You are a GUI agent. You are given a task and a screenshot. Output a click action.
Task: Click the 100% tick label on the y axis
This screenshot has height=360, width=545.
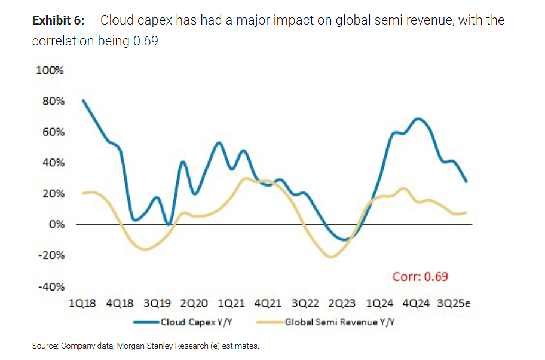50,70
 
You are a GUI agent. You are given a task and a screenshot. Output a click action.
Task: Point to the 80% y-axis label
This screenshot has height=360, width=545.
53,101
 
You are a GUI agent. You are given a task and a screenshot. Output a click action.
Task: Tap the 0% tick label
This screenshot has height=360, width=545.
57,224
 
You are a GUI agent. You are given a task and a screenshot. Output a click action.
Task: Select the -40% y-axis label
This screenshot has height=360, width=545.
51,287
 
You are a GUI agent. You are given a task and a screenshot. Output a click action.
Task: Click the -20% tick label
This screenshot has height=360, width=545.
51,255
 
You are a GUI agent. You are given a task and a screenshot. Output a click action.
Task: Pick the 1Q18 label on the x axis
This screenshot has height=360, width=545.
82,303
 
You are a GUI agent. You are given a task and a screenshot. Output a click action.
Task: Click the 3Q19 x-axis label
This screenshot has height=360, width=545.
157,303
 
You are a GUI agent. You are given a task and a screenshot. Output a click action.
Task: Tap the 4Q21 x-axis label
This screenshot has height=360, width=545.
268,303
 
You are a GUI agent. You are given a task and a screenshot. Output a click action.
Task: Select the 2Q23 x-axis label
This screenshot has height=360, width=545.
342,303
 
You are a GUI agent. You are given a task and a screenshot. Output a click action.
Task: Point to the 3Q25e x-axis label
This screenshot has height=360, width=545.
454,303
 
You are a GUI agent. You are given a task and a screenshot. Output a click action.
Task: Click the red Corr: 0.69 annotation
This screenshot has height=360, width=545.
420,277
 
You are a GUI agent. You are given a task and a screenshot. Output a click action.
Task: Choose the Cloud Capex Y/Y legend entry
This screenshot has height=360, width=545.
183,322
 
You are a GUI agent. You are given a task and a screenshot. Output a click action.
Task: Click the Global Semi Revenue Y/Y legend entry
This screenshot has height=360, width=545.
326,322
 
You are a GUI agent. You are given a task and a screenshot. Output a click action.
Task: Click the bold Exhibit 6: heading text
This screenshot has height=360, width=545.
58,20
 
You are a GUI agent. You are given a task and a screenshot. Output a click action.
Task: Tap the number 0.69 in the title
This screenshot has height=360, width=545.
146,41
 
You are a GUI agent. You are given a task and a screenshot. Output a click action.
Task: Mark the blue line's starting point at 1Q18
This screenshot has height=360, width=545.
83,100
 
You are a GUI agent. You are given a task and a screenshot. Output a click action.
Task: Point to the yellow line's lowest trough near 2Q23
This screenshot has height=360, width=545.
330,257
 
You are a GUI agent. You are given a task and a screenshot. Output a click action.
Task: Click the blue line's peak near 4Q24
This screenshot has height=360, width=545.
418,120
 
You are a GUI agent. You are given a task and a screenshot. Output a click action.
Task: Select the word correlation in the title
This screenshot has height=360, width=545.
63,41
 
